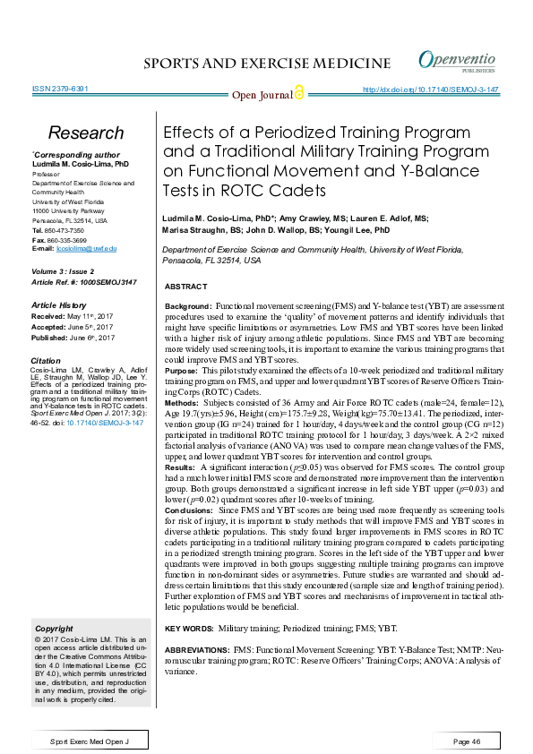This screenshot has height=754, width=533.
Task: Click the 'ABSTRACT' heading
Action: click(x=186, y=286)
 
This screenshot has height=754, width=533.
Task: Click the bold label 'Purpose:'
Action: click(x=182, y=369)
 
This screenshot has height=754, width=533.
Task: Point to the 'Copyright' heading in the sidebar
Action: click(x=53, y=629)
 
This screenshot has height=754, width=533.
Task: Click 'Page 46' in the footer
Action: click(x=467, y=742)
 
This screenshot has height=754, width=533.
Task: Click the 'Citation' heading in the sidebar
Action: click(x=46, y=359)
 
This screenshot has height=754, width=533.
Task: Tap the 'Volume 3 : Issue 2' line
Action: click(x=64, y=270)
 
